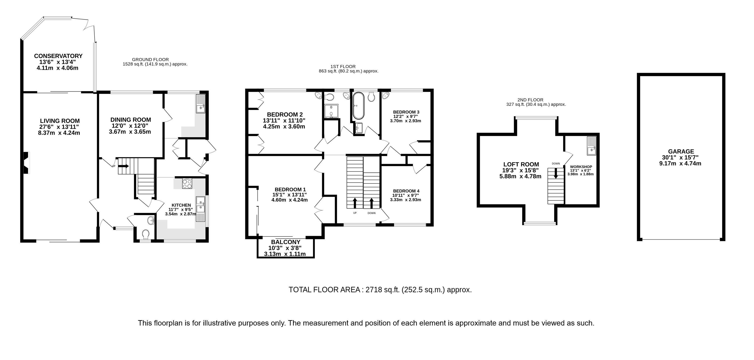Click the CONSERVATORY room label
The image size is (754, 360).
coord(58,56)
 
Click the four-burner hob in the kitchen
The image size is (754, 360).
coord(187,184)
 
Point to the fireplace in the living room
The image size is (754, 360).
coord(26,163)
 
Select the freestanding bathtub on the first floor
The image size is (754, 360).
coord(358,106)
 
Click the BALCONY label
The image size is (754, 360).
coord(286,242)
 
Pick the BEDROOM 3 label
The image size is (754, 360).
coord(406,112)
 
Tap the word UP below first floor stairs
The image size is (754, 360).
coord(355,213)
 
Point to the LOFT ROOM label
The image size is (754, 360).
coord(521,165)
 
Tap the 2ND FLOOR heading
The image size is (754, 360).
coord(530,100)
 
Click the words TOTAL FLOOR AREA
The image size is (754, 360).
coord(324,290)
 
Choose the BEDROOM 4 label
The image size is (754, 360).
coord(406,191)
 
